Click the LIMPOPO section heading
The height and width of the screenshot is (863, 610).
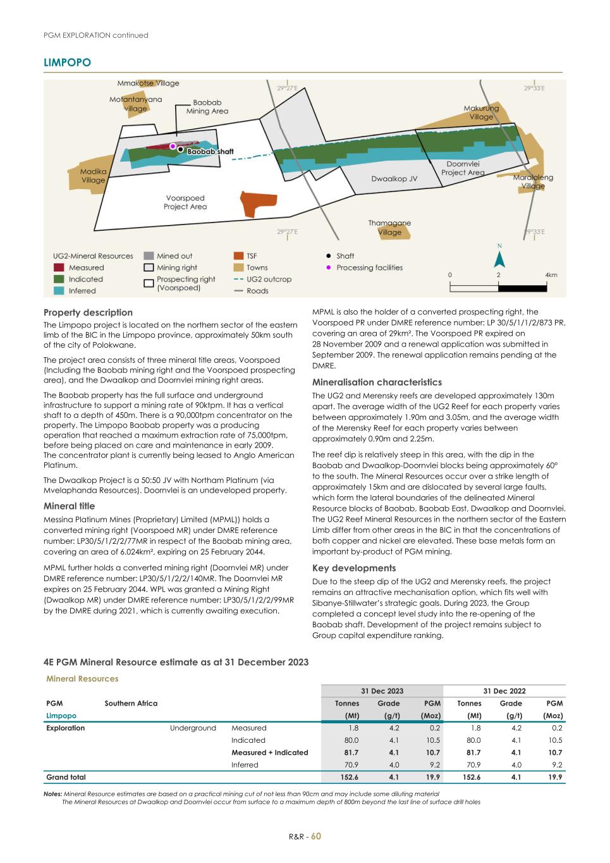click(x=67, y=62)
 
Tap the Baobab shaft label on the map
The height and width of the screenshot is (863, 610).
click(x=210, y=152)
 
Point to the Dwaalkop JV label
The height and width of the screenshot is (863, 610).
click(x=394, y=179)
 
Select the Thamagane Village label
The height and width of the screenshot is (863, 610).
click(x=389, y=228)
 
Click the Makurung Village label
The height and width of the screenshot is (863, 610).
click(x=481, y=113)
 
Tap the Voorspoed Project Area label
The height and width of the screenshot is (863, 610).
click(x=185, y=202)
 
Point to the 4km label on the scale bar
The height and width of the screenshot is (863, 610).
click(x=551, y=275)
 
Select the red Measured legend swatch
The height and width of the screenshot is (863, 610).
click(x=59, y=267)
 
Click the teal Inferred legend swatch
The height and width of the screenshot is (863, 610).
click(x=59, y=291)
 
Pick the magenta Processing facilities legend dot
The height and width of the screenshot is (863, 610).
click(x=328, y=267)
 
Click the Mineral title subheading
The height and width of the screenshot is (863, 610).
click(x=69, y=506)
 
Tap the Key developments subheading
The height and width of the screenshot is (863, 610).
click(x=354, y=568)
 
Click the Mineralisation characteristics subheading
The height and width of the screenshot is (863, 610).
click(x=377, y=382)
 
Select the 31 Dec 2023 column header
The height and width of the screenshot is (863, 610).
click(x=382, y=691)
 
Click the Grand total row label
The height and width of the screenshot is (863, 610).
click(x=66, y=777)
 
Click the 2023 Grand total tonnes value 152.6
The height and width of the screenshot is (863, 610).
click(x=349, y=777)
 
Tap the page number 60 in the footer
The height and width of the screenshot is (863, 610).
click(x=316, y=836)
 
